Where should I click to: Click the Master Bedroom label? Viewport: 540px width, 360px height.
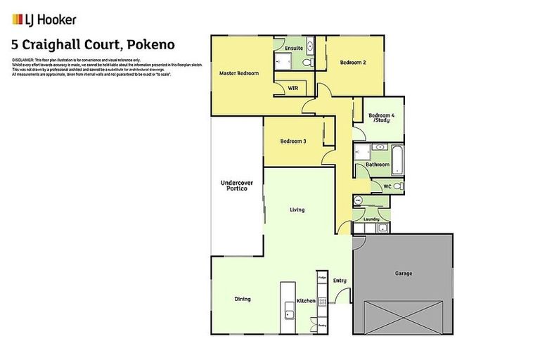(238, 73)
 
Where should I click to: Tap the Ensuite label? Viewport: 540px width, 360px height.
(294, 48)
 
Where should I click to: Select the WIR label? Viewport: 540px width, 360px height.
(293, 89)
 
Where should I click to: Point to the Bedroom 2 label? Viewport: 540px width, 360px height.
(354, 63)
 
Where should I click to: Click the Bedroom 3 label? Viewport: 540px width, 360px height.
(293, 141)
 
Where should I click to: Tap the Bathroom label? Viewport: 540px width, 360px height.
(377, 165)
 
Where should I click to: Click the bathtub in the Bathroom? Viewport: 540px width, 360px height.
(395, 158)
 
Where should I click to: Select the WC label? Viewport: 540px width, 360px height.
(387, 186)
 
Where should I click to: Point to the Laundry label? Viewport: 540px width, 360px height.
(371, 219)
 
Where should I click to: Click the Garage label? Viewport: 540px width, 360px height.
(404, 273)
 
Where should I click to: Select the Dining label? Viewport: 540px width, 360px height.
(242, 299)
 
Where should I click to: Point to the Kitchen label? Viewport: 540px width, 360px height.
(305, 301)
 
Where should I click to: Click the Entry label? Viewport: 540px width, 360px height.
(340, 281)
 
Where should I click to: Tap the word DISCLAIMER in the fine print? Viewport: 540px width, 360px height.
(22, 60)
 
